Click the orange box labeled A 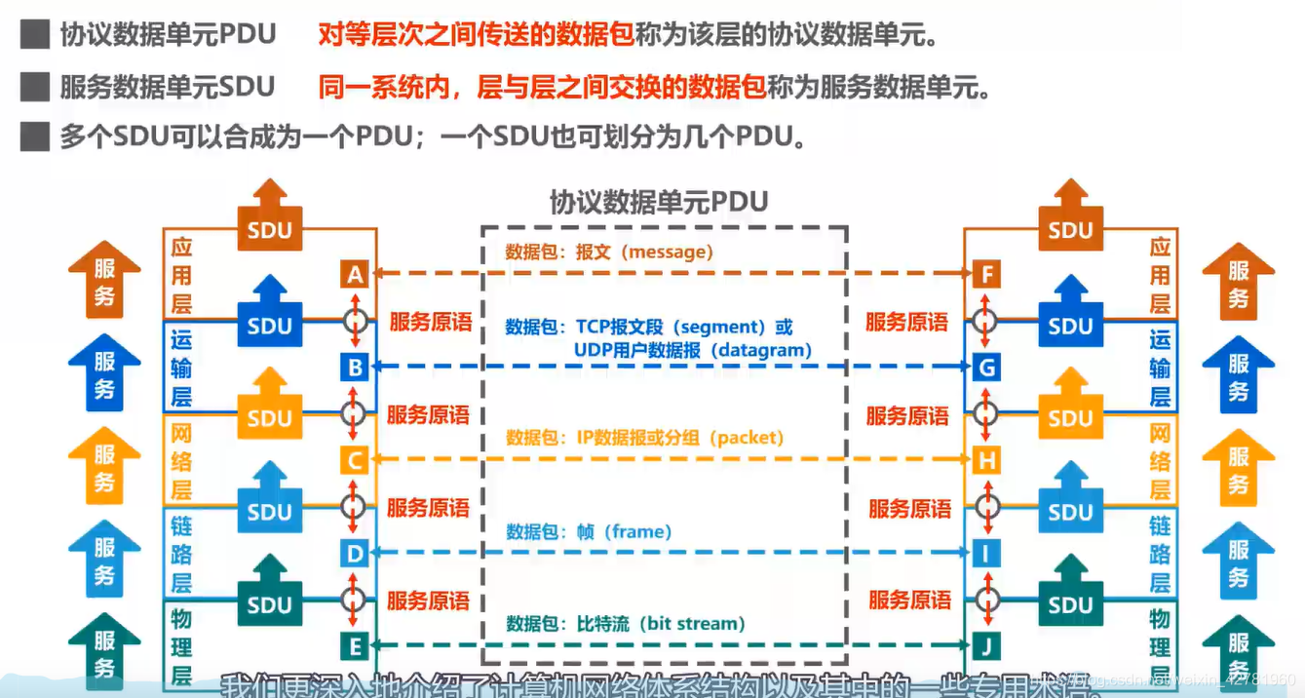click(x=355, y=275)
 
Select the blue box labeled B click(x=355, y=368)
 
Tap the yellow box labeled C click(x=355, y=459)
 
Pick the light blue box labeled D click(x=355, y=553)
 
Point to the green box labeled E click(x=355, y=645)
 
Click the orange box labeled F click(x=987, y=275)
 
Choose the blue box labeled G click(x=987, y=368)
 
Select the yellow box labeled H click(x=987, y=459)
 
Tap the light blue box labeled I click(x=987, y=553)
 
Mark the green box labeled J click(x=987, y=645)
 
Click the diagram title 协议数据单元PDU click(x=659, y=202)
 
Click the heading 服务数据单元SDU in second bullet click(x=168, y=87)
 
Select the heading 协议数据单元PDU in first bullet click(x=168, y=35)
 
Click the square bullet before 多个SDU click(x=35, y=136)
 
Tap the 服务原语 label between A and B click(x=430, y=322)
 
